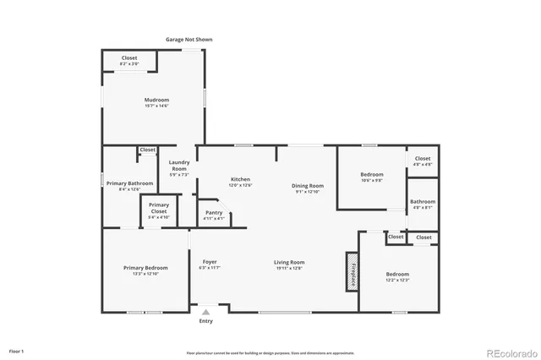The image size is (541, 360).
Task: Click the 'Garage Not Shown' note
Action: click(189, 40)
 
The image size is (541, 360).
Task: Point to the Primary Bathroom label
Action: click(129, 185)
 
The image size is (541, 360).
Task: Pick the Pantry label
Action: click(214, 215)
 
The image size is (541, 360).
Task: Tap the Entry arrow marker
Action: click(205, 313)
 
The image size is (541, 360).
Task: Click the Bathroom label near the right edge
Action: click(423, 204)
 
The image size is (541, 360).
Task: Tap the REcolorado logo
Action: click(511, 352)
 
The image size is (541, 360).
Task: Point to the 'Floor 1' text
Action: click(16, 350)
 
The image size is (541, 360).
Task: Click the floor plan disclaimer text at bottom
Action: click(270, 352)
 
